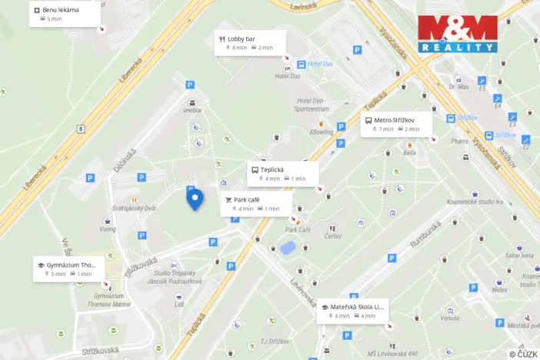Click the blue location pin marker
pos(195,198)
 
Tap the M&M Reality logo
pos(458,34)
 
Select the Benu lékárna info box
pos(66,13)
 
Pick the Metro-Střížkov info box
pos(396,124)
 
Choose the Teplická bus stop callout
pos(282,173)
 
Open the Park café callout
pos(256,204)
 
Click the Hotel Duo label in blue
pos(319,64)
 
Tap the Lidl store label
pos(178,304)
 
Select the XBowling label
pos(322,132)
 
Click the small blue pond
pos(288,248)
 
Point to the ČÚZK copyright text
pos(523,354)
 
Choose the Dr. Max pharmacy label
pos(459,87)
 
